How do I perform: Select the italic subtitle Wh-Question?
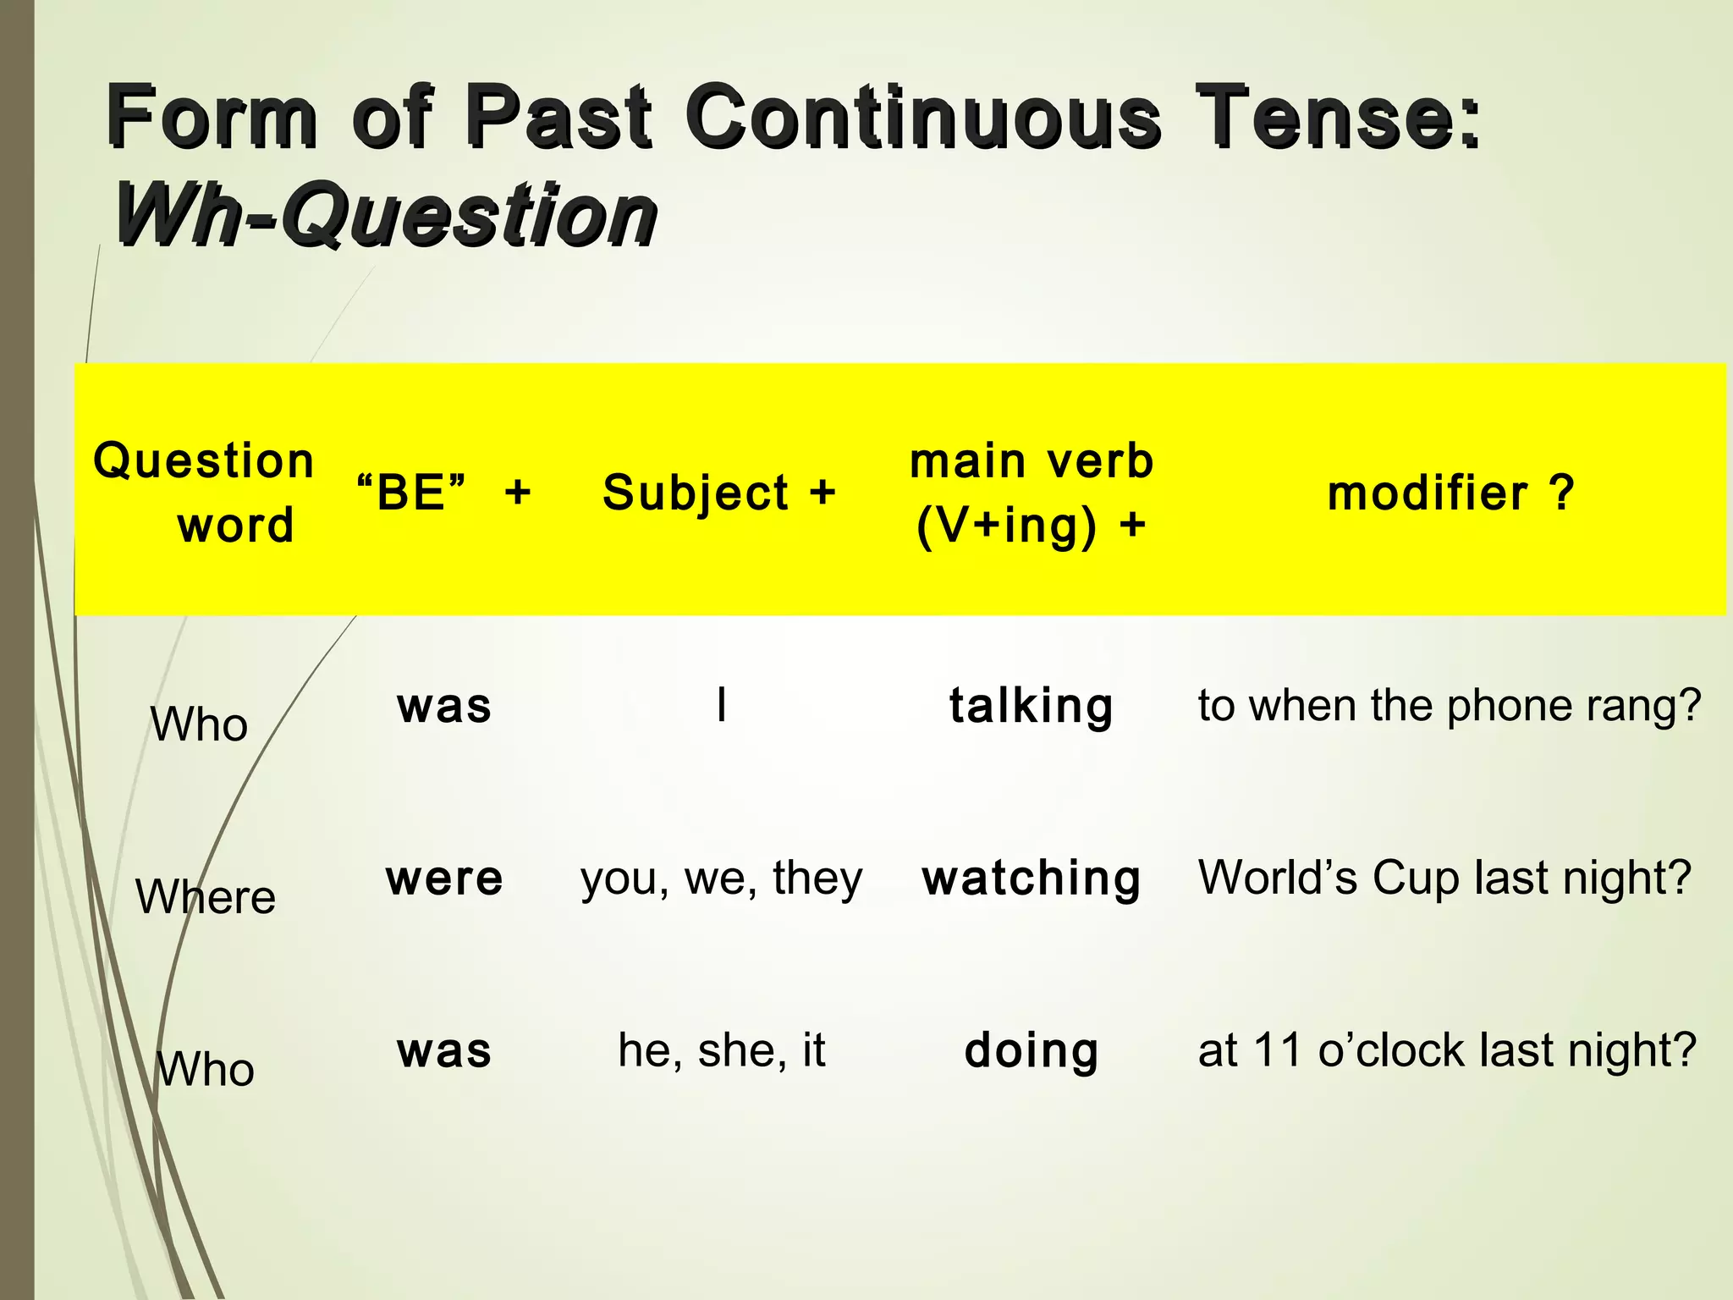coord(385,215)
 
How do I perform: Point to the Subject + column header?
coord(719,493)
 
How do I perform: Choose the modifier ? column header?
coord(1450,493)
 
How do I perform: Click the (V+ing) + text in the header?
coord(1031,526)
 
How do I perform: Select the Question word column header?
coord(204,493)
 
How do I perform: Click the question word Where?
coord(206,896)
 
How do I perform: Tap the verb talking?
coord(1031,706)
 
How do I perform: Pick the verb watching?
coord(1031,879)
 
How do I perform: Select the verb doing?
coord(1031,1051)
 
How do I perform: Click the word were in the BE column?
coord(444,879)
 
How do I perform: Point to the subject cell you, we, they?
coord(721,879)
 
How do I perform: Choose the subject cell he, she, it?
coord(721,1051)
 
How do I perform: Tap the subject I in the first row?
coord(721,704)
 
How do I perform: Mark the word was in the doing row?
coord(444,1051)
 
